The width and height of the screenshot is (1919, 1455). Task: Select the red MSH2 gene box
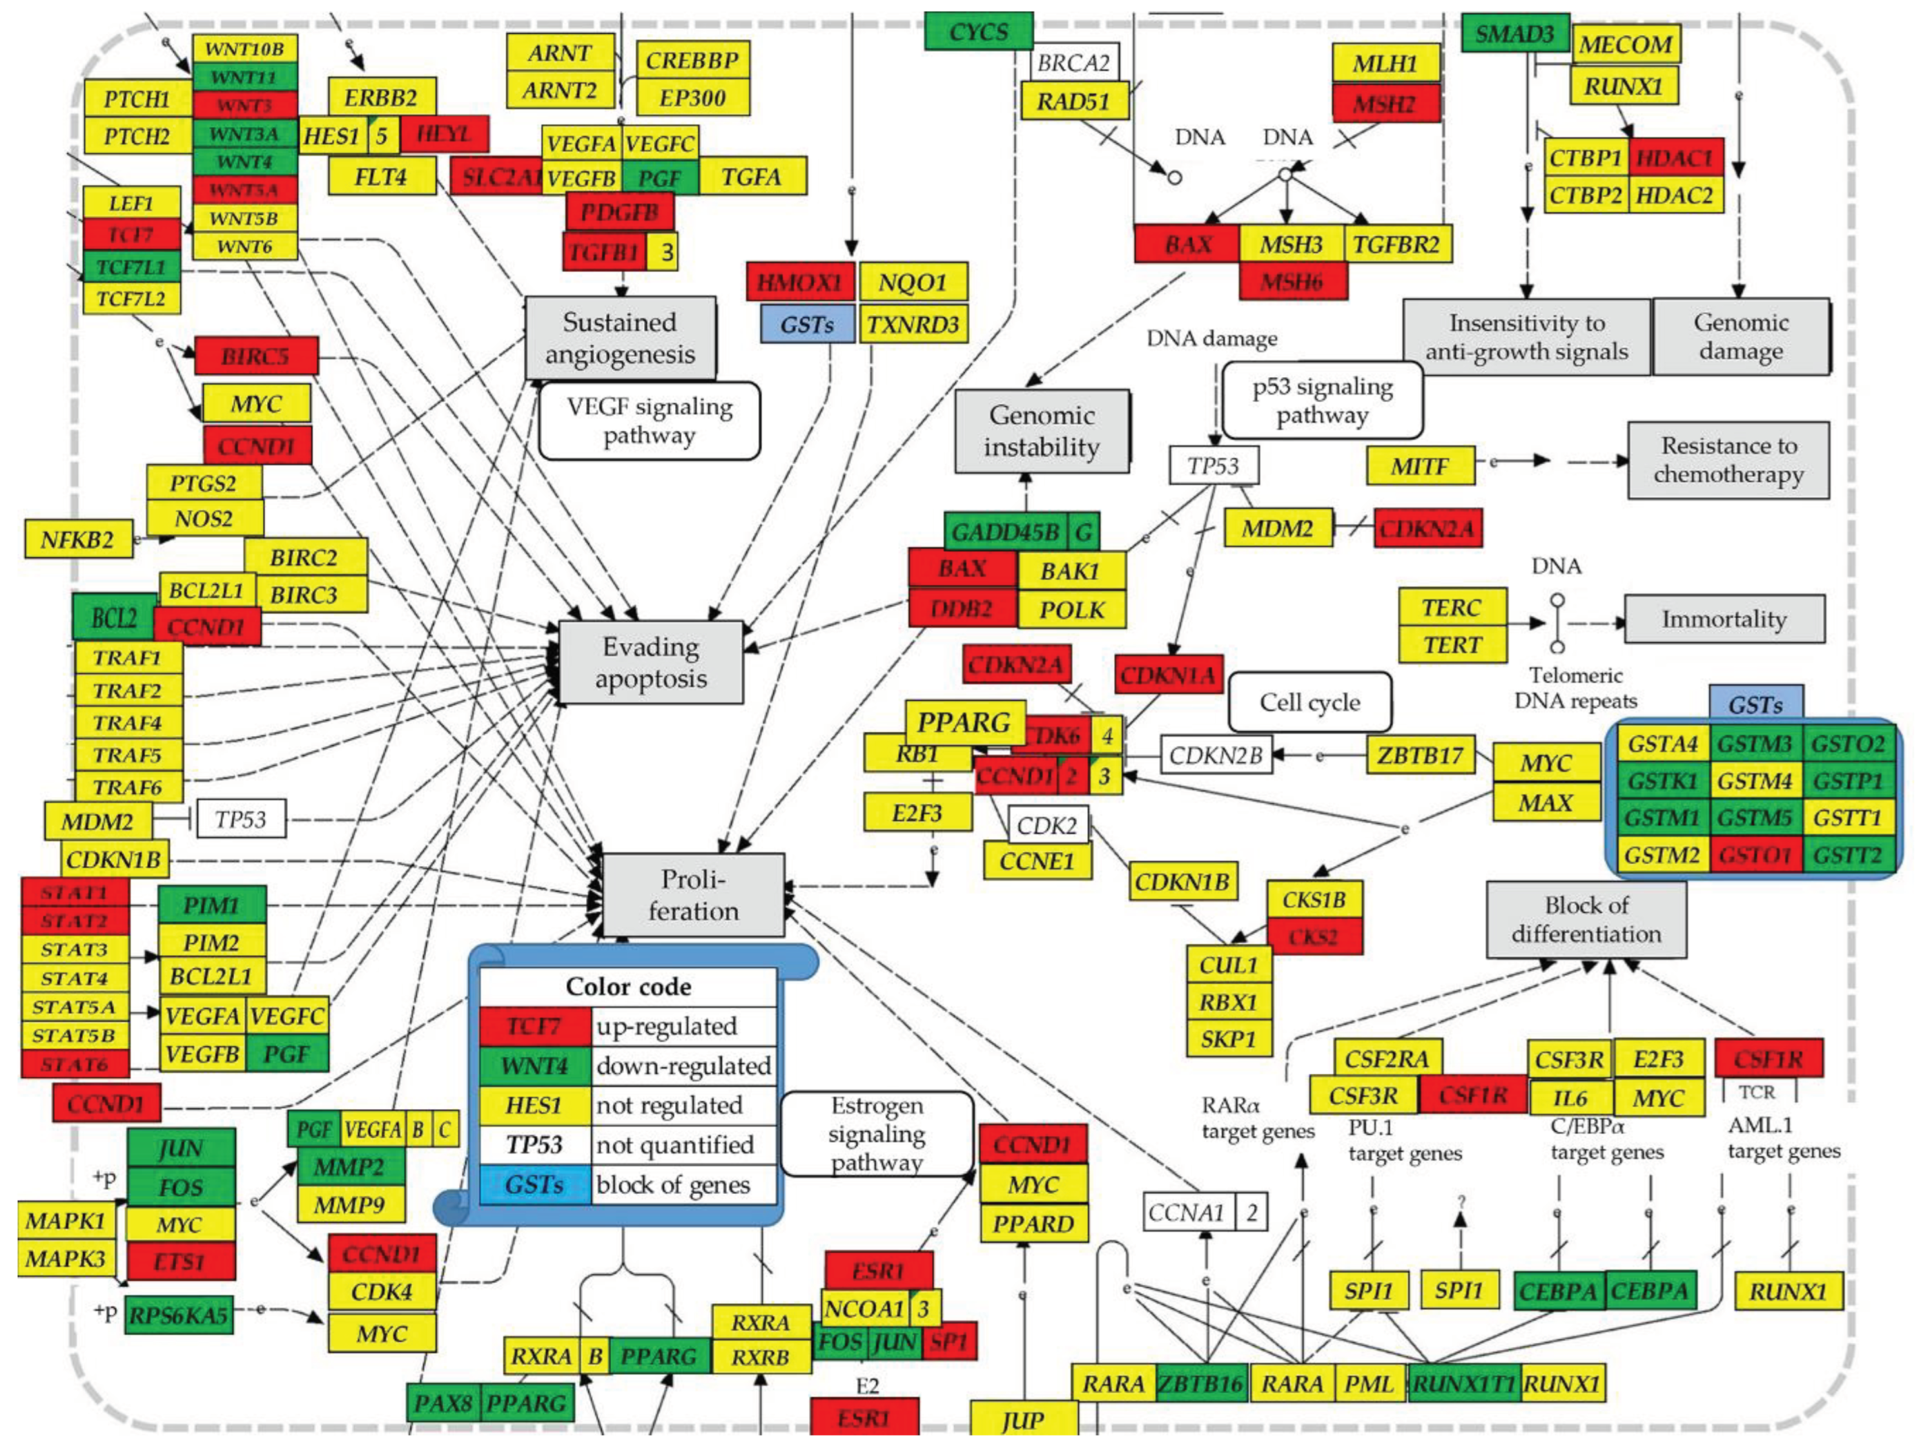(x=1385, y=104)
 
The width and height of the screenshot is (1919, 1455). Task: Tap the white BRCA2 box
(x=1073, y=62)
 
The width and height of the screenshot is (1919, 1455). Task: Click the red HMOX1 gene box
(x=800, y=282)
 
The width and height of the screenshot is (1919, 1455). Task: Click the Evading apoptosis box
(x=651, y=662)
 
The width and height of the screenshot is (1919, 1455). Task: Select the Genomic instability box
(x=1041, y=431)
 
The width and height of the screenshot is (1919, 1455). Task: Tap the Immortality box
(x=1724, y=619)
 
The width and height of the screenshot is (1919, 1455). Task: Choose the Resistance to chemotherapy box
(x=1728, y=460)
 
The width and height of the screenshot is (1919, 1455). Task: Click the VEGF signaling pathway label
(x=649, y=421)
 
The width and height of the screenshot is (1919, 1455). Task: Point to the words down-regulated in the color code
(x=683, y=1066)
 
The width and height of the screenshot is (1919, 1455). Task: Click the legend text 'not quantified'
(x=674, y=1144)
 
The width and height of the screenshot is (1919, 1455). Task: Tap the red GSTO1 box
(x=1755, y=855)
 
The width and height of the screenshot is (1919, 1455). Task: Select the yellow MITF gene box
(x=1419, y=466)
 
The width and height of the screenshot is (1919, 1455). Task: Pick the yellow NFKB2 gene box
(x=77, y=539)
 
